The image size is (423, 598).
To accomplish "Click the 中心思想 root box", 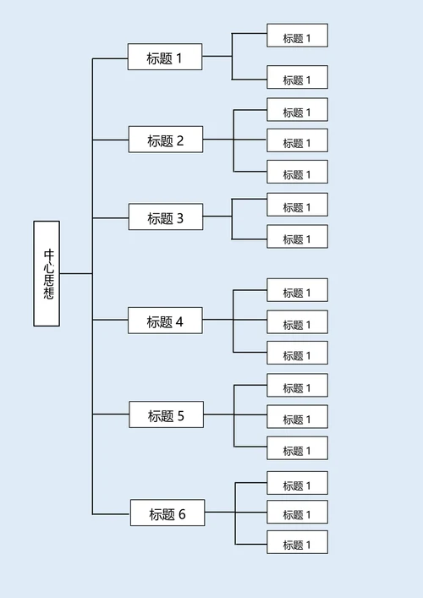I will pyautogui.click(x=47, y=273).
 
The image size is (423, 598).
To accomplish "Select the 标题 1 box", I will pyautogui.click(x=165, y=58).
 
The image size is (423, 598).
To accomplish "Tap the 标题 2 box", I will pyautogui.click(x=166, y=140).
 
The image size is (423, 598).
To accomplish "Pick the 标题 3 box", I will pyautogui.click(x=166, y=217).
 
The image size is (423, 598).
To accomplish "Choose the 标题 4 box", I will pyautogui.click(x=166, y=321).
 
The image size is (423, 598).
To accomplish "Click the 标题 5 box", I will pyautogui.click(x=166, y=414).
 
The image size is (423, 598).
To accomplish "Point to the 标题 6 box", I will pyautogui.click(x=168, y=513).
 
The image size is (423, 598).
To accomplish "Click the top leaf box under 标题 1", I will pyautogui.click(x=297, y=36).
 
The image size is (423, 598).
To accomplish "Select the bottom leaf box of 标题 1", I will pyautogui.click(x=297, y=79).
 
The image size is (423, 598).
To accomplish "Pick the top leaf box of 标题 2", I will pyautogui.click(x=297, y=111).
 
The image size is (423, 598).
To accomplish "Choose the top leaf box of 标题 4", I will pyautogui.click(x=297, y=291).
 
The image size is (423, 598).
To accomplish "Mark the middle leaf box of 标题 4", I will pyautogui.click(x=297, y=323).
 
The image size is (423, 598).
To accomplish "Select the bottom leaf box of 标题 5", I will pyautogui.click(x=297, y=449).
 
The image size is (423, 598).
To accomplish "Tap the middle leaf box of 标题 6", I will pyautogui.click(x=297, y=513).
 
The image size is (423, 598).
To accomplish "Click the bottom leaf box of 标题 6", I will pyautogui.click(x=297, y=543).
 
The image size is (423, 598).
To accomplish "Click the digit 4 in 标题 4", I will pyautogui.click(x=179, y=321).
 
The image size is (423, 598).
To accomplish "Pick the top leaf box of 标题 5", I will pyautogui.click(x=297, y=387).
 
